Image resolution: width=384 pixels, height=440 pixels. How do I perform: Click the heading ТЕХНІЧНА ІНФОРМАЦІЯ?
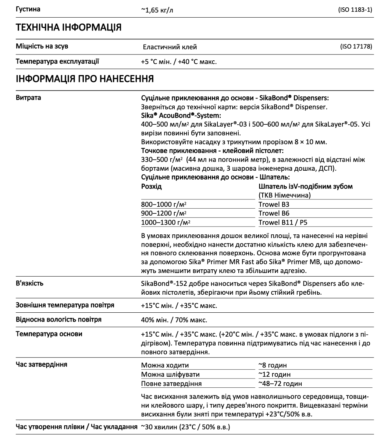click(x=68, y=27)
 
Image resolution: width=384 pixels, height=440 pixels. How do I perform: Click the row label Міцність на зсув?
click(x=42, y=46)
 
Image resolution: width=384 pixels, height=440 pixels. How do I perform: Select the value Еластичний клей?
click(x=170, y=47)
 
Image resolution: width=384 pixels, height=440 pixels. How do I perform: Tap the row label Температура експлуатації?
click(x=57, y=61)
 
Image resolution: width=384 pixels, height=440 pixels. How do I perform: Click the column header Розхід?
click(x=152, y=187)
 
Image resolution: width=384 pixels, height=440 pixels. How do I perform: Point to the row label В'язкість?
click(x=30, y=283)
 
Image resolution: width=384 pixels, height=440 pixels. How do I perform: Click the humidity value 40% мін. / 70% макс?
click(x=174, y=320)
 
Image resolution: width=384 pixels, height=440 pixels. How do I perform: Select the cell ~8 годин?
click(x=273, y=365)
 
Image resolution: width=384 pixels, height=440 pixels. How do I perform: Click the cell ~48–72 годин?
click(x=280, y=384)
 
